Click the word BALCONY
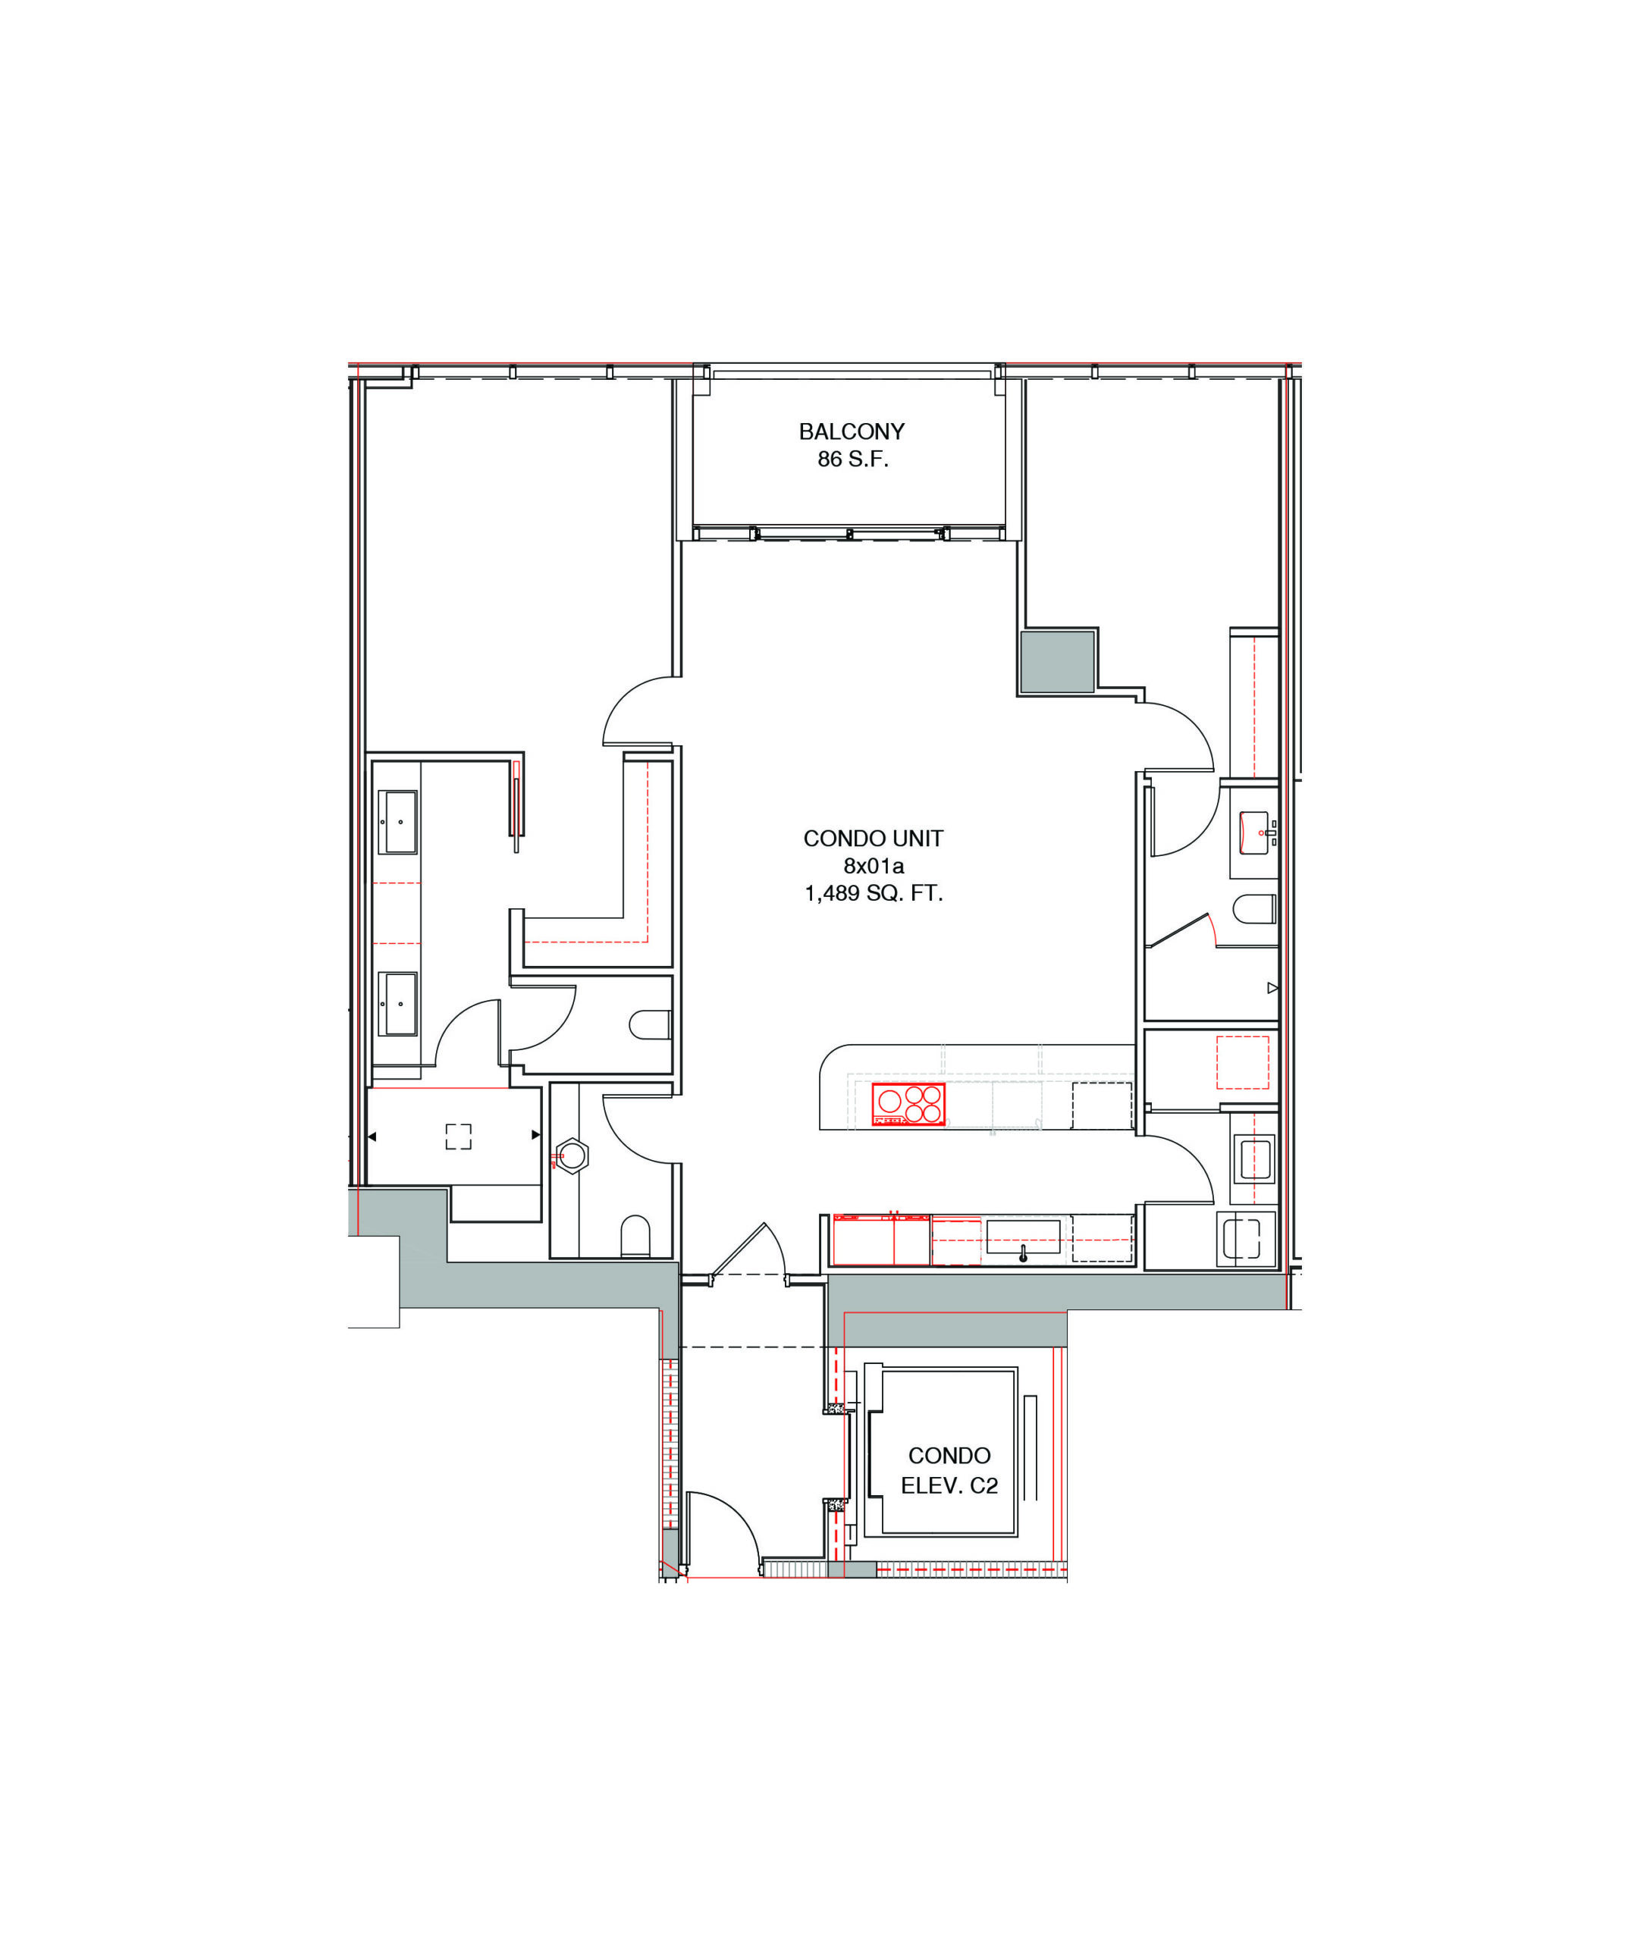pyautogui.click(x=852, y=431)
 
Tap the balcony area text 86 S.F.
pyautogui.click(x=852, y=459)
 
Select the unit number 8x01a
pyautogui.click(x=873, y=865)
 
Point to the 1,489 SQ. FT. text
pyautogui.click(x=873, y=893)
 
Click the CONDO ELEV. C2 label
pyautogui.click(x=949, y=1469)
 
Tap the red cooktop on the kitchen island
pyautogui.click(x=908, y=1104)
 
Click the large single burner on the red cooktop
pyautogui.click(x=889, y=1101)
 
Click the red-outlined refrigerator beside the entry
pyautogui.click(x=881, y=1240)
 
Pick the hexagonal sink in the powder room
pyautogui.click(x=572, y=1157)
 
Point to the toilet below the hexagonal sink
pyautogui.click(x=635, y=1236)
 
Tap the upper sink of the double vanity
pyautogui.click(x=397, y=822)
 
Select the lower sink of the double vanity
pyautogui.click(x=397, y=1004)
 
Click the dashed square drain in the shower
pyautogui.click(x=458, y=1136)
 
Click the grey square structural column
pyautogui.click(x=1057, y=661)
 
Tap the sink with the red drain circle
pyautogui.click(x=1254, y=833)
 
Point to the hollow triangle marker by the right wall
pyautogui.click(x=1272, y=988)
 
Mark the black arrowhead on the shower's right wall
pyautogui.click(x=536, y=1136)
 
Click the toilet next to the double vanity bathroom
pyautogui.click(x=650, y=1024)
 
